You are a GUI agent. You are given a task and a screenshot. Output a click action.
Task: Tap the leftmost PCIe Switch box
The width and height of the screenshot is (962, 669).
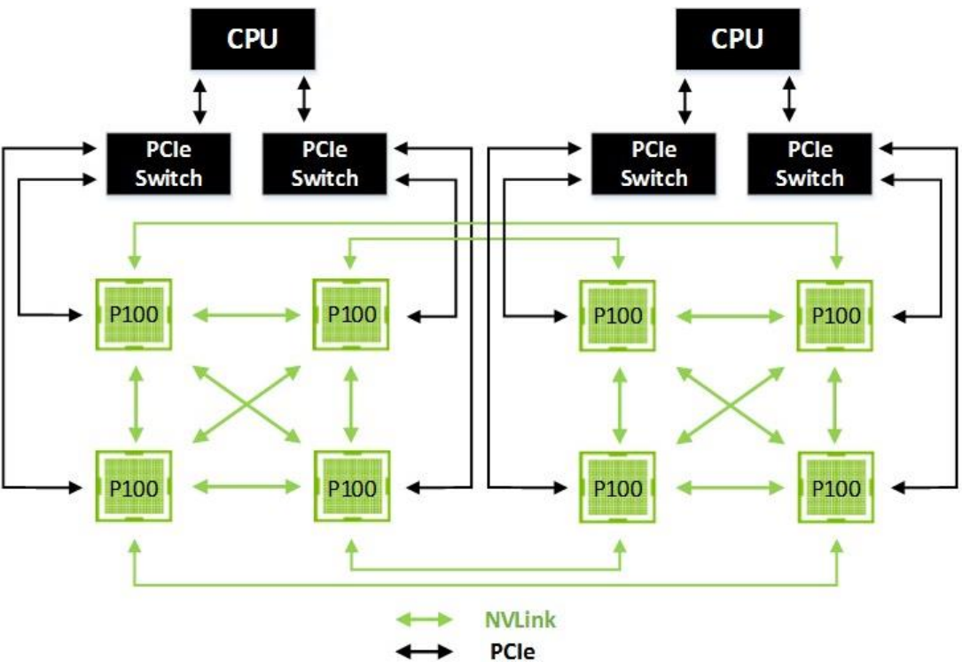pos(168,164)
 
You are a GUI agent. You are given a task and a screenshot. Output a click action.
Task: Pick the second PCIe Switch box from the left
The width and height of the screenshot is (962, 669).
pos(325,164)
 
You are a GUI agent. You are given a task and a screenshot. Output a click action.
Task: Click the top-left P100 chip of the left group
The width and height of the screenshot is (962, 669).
pos(135,315)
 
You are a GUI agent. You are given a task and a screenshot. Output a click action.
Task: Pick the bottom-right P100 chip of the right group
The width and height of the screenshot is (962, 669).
pos(834,486)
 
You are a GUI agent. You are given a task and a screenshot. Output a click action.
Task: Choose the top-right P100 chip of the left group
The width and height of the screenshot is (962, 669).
pos(350,315)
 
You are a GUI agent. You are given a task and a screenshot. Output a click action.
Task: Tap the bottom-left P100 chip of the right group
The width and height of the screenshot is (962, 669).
pos(617,486)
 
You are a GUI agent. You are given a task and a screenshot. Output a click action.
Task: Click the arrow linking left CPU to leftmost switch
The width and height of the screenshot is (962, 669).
pos(200,100)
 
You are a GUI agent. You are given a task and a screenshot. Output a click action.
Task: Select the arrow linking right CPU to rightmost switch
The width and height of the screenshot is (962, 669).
pos(789,100)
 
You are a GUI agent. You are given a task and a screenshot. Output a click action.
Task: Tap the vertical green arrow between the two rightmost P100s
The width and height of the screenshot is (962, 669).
pos(834,401)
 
